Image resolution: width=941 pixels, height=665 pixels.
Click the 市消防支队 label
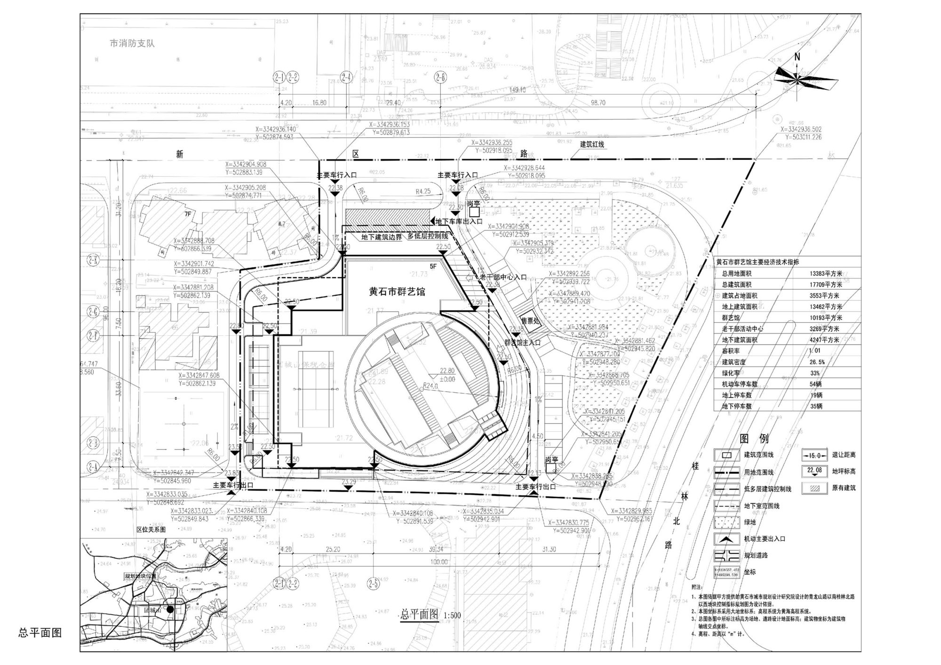(132, 43)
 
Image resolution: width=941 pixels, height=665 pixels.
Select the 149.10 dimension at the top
(517, 90)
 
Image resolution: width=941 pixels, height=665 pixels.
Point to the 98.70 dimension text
(598, 103)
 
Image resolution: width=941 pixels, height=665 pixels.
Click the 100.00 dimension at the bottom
(439, 562)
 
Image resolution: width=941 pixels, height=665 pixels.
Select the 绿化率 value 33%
(815, 373)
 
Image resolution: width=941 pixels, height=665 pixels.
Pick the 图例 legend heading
(754, 438)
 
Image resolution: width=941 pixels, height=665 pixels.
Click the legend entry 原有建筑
(844, 488)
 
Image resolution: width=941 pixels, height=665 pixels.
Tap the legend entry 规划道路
(756, 555)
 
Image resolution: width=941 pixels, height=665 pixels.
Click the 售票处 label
(530, 321)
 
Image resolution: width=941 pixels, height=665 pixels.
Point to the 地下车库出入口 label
(459, 221)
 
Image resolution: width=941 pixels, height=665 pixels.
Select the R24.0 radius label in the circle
(430, 386)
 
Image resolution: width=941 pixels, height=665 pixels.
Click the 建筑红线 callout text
(591, 144)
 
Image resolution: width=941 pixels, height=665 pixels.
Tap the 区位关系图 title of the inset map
(151, 529)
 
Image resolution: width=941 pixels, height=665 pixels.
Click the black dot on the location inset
(170, 609)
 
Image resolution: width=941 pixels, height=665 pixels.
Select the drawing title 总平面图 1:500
(431, 615)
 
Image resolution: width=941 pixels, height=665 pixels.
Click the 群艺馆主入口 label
(523, 343)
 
